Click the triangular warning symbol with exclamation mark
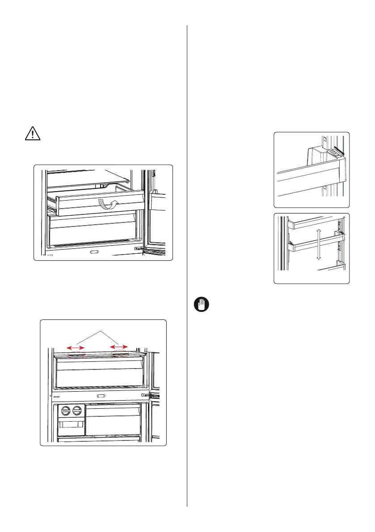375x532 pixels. (x=30, y=134)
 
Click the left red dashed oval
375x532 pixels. (x=76, y=355)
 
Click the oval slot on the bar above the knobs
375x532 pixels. (x=100, y=396)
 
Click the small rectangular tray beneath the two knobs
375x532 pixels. (x=70, y=425)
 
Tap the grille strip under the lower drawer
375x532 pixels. (x=94, y=245)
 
